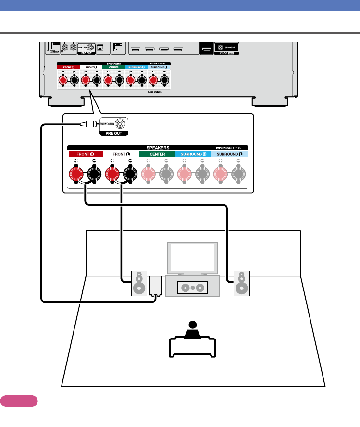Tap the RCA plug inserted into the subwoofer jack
[x=87, y=124]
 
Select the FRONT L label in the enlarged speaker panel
[x=118, y=154]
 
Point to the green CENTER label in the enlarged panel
[x=157, y=154]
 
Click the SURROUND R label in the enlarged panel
[x=193, y=154]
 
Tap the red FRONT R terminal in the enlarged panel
[x=75, y=173]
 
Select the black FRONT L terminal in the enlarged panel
[x=130, y=173]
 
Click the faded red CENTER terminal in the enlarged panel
[x=148, y=173]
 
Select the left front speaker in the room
[x=138, y=283]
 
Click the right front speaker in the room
[x=241, y=283]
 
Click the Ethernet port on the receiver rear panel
[x=118, y=48]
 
